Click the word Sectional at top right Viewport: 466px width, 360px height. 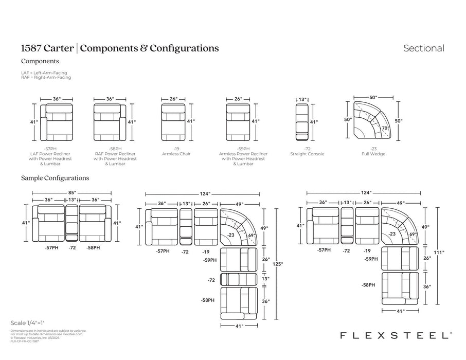coord(423,48)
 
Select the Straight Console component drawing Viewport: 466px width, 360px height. coord(302,122)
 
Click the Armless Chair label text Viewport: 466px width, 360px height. coord(173,154)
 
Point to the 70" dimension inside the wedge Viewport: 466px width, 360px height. coord(385,127)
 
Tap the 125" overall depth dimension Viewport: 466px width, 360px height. coord(278,264)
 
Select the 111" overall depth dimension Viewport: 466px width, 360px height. coord(439,253)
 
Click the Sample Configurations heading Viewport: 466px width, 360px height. coord(55,178)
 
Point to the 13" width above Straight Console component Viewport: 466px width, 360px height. coord(302,99)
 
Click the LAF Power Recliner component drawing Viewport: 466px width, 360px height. coord(57,122)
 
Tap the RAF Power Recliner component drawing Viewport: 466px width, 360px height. coord(110,122)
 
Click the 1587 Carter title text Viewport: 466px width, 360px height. coord(47,48)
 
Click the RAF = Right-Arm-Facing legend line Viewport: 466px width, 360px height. coord(46,77)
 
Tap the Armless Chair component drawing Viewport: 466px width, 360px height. coord(173,122)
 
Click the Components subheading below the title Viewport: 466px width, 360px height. coord(40,61)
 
